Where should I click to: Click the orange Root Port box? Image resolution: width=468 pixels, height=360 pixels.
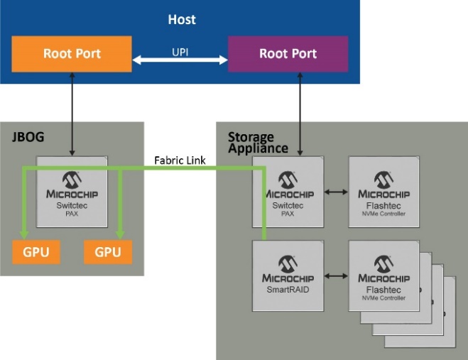(72, 54)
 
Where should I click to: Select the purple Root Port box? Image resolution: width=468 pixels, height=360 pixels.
(288, 54)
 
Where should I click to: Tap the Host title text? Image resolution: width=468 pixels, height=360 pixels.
(182, 18)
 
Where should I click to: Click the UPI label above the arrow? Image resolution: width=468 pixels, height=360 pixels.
(180, 52)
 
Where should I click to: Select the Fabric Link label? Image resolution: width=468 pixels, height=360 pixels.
(180, 160)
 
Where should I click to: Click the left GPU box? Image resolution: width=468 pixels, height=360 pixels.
(36, 252)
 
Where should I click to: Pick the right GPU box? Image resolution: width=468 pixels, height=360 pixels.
(107, 252)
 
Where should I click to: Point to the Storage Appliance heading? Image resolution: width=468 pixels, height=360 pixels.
(258, 142)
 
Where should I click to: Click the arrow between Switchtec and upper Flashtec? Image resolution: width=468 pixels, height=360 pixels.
(336, 192)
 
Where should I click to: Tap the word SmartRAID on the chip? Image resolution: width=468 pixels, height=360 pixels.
(288, 290)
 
